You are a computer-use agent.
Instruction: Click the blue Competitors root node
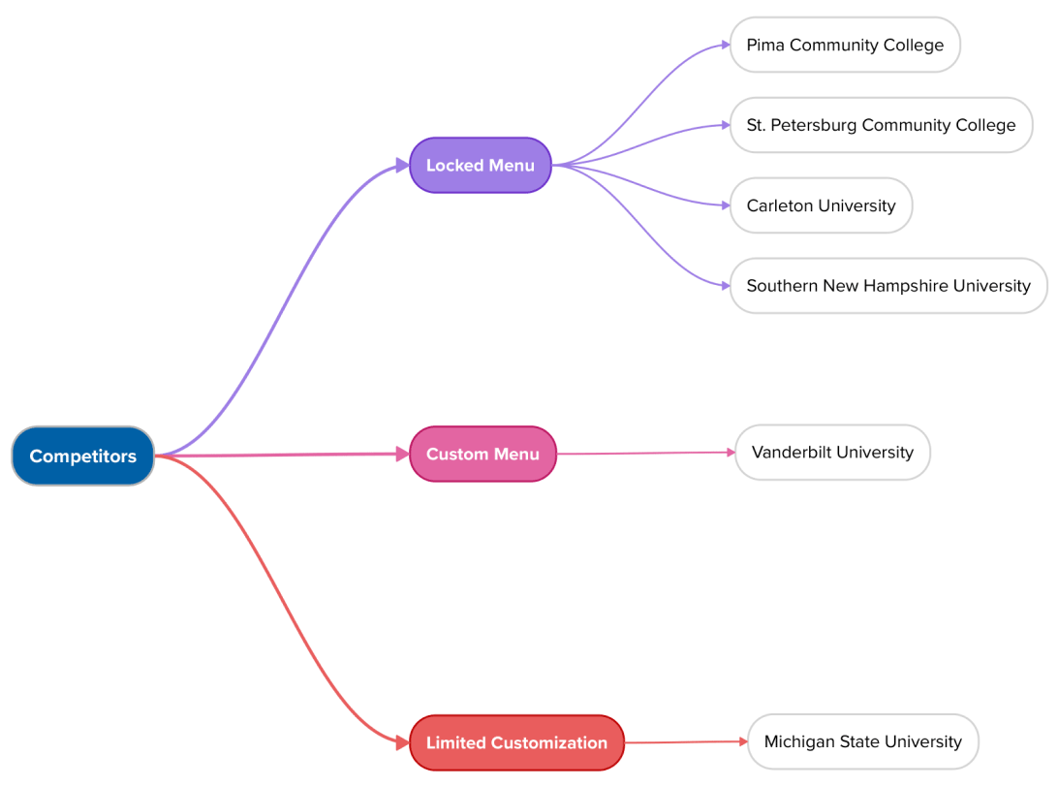tap(82, 456)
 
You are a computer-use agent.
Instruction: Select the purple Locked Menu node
tap(480, 165)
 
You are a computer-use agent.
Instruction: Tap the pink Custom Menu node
tap(482, 454)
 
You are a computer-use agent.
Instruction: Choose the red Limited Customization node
tap(516, 742)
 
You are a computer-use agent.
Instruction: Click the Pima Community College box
tap(844, 45)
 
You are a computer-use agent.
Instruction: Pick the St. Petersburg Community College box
tap(881, 125)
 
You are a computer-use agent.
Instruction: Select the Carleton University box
tap(821, 205)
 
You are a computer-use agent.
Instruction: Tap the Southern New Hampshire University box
tap(887, 286)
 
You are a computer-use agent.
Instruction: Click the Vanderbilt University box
tap(832, 452)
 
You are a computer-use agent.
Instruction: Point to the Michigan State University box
tap(862, 741)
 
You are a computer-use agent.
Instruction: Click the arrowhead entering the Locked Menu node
tap(403, 166)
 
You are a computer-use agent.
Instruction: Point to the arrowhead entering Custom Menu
tap(403, 454)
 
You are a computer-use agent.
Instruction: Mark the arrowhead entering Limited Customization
tap(403, 742)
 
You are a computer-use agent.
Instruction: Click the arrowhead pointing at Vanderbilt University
tap(731, 452)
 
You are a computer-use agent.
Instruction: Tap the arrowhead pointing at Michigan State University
tap(743, 741)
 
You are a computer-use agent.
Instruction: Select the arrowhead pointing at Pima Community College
tap(725, 45)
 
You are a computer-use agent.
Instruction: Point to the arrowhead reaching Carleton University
tap(725, 205)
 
